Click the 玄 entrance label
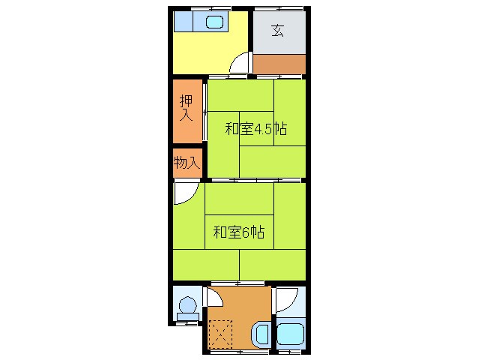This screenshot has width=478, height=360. click(278, 31)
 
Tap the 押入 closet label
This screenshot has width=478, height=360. click(187, 108)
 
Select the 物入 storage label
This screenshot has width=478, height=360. click(187, 162)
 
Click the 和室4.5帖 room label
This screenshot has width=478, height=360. click(255, 129)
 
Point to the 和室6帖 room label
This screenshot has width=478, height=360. click(238, 232)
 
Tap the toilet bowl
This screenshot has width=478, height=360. click(187, 306)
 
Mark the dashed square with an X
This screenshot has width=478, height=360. click(222, 332)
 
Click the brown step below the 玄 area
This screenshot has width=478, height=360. click(279, 64)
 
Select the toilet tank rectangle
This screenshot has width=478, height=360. click(187, 319)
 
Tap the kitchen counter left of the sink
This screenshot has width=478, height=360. click(185, 22)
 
